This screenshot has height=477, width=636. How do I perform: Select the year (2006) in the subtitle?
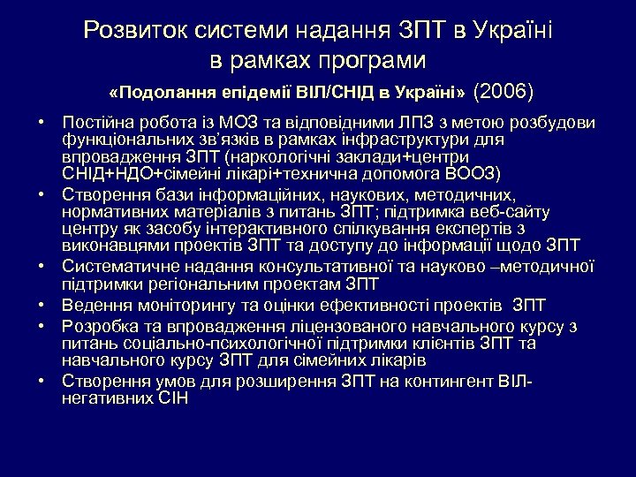click(504, 91)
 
